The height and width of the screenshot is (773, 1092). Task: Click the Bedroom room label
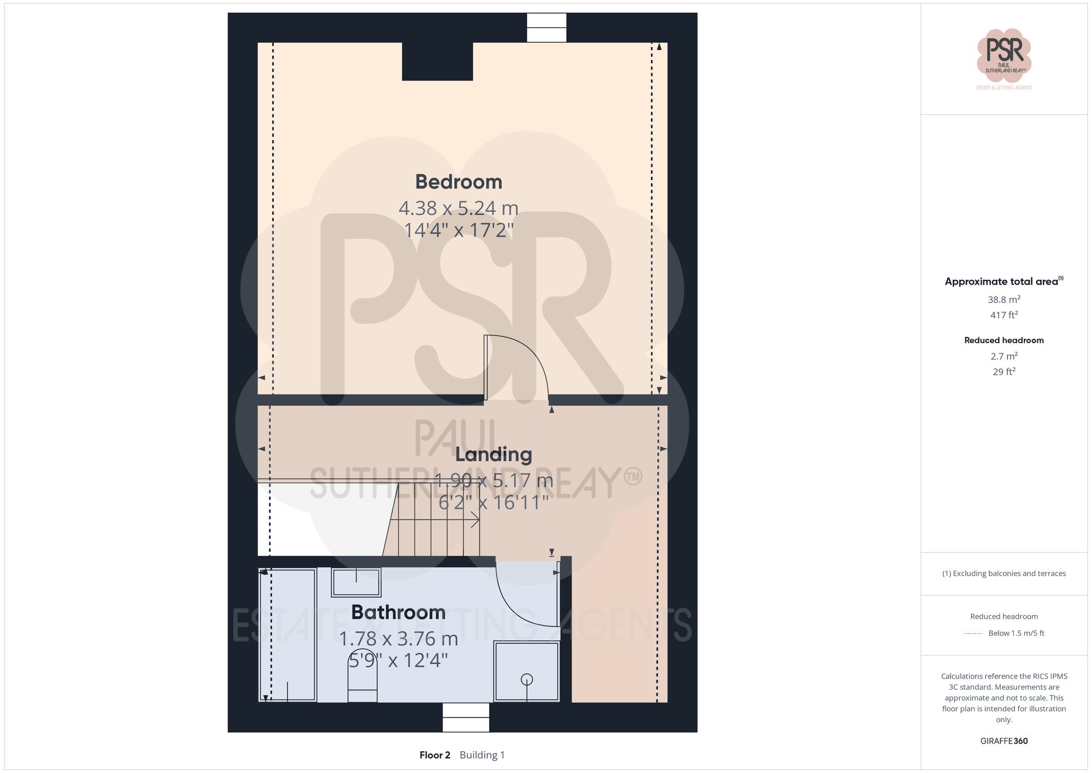[x=458, y=182]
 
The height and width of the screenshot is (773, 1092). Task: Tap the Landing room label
[x=494, y=455]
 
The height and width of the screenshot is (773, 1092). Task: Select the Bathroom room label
[x=398, y=612]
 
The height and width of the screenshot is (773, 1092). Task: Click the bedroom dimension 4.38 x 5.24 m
[x=458, y=208]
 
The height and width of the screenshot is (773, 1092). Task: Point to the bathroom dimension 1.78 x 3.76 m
[x=398, y=639]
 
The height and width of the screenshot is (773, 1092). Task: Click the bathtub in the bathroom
[x=288, y=635]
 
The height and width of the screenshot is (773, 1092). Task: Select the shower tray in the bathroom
[x=526, y=671]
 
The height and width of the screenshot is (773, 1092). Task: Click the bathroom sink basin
[x=357, y=582]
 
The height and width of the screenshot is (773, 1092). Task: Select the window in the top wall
[x=546, y=27]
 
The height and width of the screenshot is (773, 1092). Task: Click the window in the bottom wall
[x=466, y=717]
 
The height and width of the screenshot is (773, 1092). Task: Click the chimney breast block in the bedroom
[x=437, y=61]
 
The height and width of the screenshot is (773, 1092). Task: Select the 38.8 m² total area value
[x=1004, y=299]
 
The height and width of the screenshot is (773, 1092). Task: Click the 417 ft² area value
[x=1004, y=315]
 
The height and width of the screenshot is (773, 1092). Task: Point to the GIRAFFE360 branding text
[x=1004, y=741]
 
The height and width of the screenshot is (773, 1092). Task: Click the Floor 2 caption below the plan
[x=435, y=755]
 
